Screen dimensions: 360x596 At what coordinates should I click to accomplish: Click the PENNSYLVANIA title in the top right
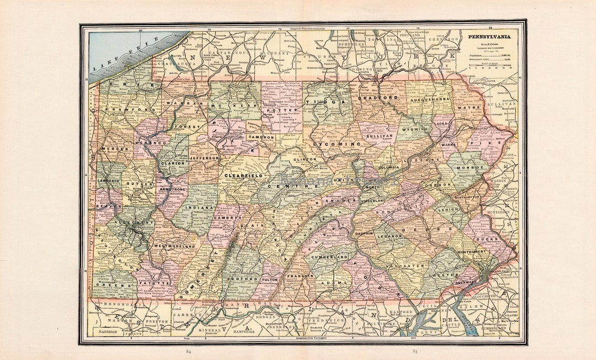[x=489, y=37]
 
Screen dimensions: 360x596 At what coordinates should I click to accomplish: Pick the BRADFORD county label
[x=378, y=97]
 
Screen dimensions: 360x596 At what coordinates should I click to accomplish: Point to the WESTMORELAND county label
[x=174, y=245]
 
